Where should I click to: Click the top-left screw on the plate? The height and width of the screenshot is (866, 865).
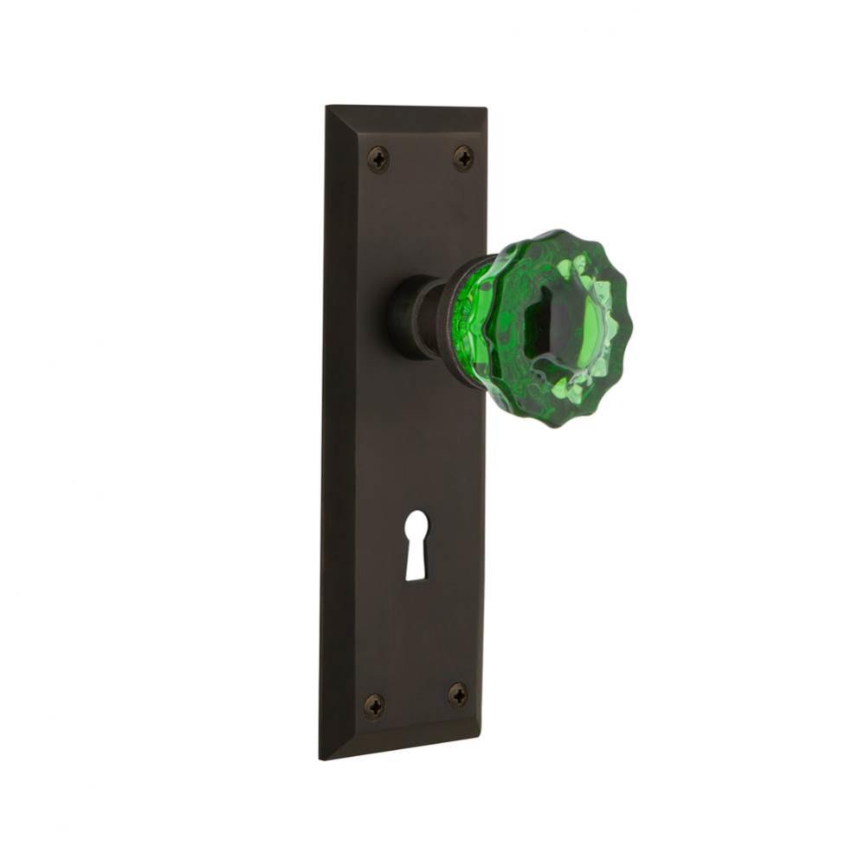tap(378, 158)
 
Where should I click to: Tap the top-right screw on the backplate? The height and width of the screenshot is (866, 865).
tap(463, 158)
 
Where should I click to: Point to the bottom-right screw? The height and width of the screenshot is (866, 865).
tap(458, 694)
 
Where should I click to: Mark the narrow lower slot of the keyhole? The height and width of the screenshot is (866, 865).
tap(416, 563)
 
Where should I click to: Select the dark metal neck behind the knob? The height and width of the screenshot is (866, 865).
tap(429, 316)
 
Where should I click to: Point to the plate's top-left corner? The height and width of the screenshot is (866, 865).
tap(326, 107)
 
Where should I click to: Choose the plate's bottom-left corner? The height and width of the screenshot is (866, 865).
tap(322, 759)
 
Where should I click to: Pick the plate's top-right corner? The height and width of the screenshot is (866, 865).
tap(486, 108)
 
